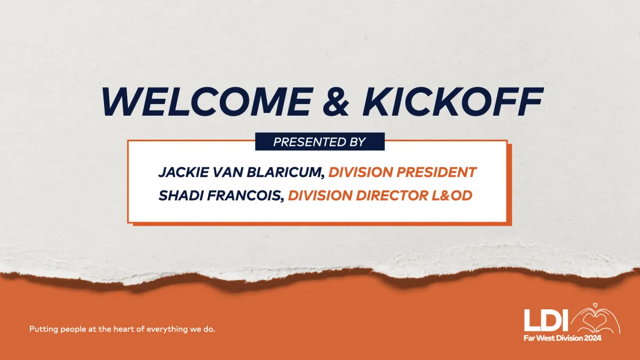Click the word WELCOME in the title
click(x=207, y=101)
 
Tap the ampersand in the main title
click(x=335, y=101)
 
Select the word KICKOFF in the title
click(x=452, y=101)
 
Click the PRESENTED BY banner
click(x=319, y=142)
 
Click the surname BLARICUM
click(x=285, y=172)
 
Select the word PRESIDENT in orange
click(x=436, y=172)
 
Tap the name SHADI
click(x=181, y=196)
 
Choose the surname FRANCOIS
click(x=245, y=196)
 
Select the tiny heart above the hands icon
click(x=595, y=305)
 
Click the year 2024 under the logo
click(x=593, y=338)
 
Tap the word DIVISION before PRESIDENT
click(x=361, y=172)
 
